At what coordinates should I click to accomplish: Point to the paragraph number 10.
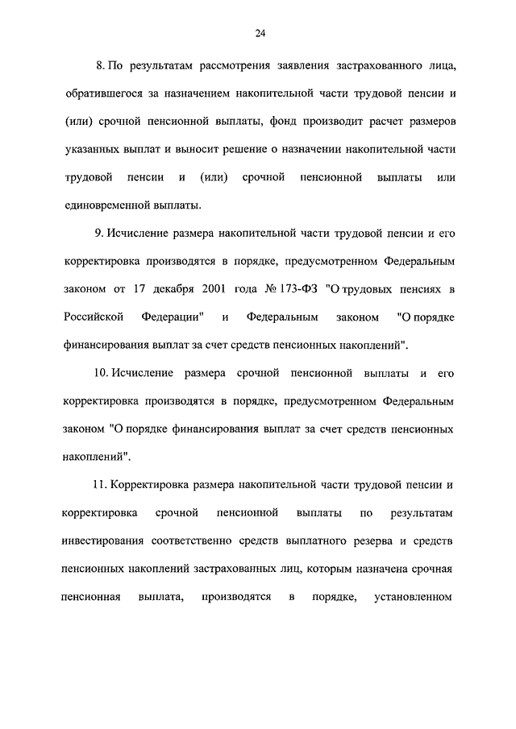[102, 374]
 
